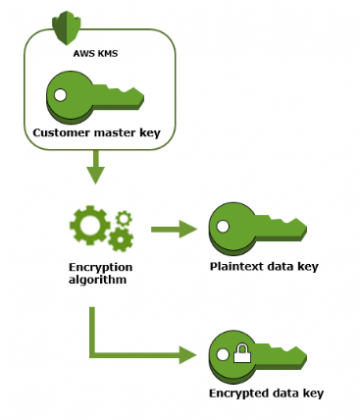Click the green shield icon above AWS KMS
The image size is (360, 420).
click(67, 21)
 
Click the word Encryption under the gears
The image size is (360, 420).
click(94, 269)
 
